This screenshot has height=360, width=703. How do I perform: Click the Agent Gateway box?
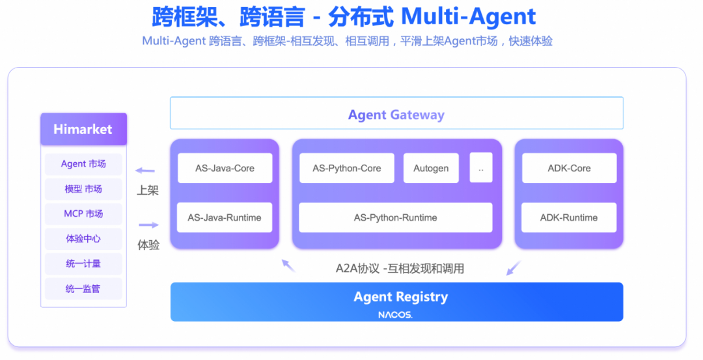coord(396,114)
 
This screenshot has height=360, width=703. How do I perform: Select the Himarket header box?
coord(83,129)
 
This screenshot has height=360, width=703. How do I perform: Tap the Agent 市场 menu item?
coord(83,164)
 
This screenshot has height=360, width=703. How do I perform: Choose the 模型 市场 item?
coord(83,189)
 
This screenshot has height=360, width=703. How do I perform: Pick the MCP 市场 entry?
coord(83,214)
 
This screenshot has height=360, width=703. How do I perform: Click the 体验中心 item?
coord(83,238)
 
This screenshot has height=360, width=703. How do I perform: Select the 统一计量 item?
coord(83,264)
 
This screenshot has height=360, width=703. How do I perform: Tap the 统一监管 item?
coord(83,288)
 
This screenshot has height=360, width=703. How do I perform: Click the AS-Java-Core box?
coord(225,168)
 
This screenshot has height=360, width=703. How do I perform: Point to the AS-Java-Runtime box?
coord(225,217)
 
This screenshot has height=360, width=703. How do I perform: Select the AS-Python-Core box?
coord(346,168)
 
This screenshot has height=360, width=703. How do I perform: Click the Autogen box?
coord(431,168)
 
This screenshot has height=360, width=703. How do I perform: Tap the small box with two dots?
coord(481,168)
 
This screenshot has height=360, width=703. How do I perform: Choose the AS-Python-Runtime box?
coord(395,217)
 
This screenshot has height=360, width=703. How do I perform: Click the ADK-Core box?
coord(569,168)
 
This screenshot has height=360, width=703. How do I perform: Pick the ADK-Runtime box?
coord(569,217)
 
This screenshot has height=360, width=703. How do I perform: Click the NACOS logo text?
coord(395,314)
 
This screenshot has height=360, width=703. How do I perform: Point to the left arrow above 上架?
coord(145,171)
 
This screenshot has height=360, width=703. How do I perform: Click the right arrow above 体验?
coord(148,225)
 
